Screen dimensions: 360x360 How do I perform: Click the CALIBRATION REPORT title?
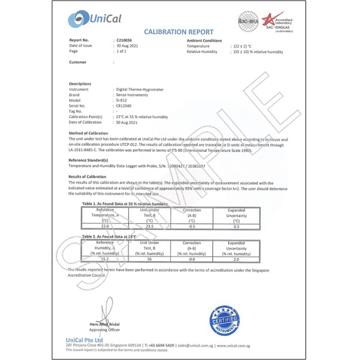point(179,32)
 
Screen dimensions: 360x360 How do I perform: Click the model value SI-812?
point(123,100)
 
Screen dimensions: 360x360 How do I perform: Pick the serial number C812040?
point(125,106)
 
